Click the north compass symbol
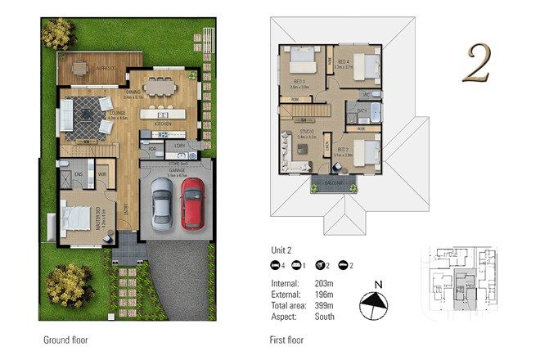[375, 304]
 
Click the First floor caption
[288, 339]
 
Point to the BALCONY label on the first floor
[332, 184]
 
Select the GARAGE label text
[177, 169]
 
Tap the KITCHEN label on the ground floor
[162, 124]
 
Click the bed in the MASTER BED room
[74, 219]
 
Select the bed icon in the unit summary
[276, 266]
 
